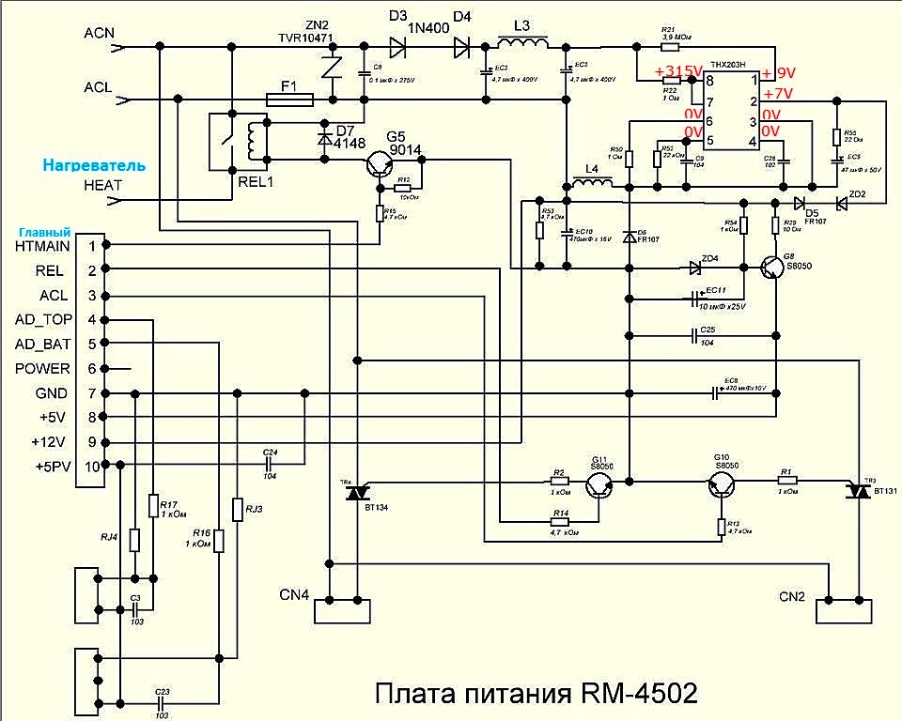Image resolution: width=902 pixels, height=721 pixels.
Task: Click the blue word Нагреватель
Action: tap(93, 164)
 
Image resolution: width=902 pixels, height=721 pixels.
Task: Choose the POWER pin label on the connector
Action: tap(42, 368)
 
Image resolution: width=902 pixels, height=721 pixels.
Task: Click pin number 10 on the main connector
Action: tap(91, 467)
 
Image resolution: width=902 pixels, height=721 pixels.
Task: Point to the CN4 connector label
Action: tap(294, 595)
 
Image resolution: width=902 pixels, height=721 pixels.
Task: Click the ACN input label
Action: tap(100, 33)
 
